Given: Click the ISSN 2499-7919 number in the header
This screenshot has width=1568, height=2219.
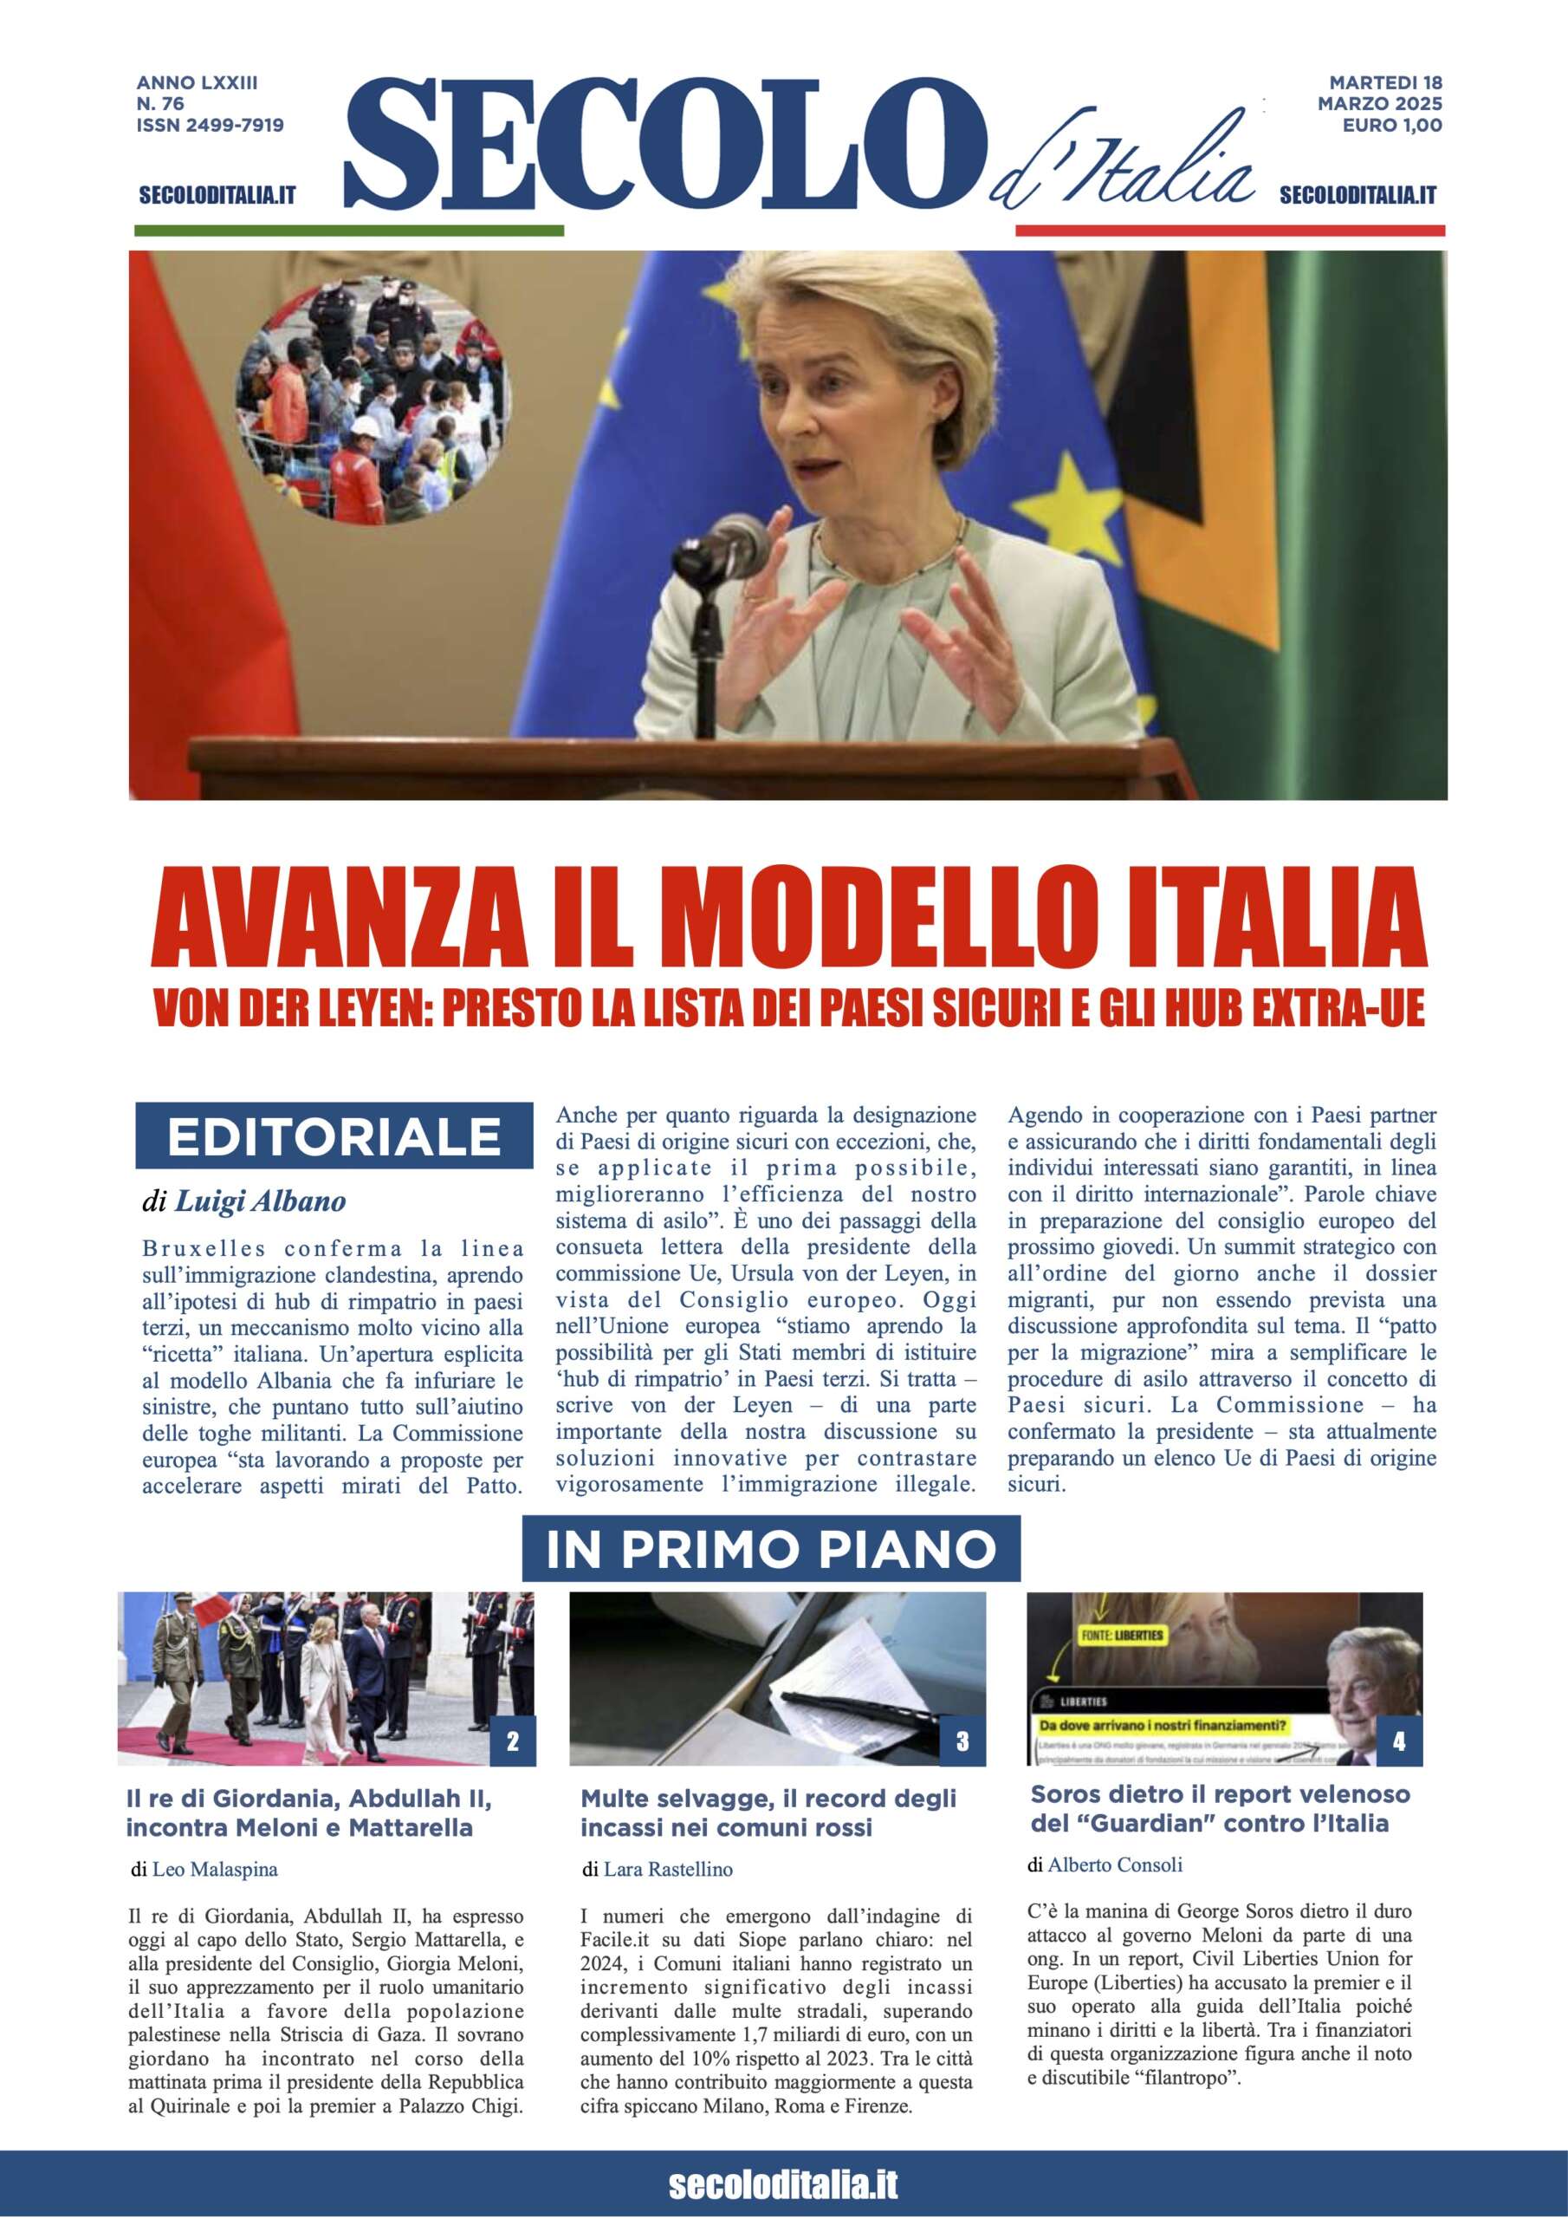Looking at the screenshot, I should (x=210, y=125).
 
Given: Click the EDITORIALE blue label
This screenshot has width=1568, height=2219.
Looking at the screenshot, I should (x=334, y=1136).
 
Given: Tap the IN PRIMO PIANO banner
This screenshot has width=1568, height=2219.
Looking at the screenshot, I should (x=770, y=1549).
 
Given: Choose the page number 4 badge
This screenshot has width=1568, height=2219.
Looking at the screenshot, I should (x=1399, y=1741).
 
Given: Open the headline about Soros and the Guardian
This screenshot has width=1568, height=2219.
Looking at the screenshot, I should (x=1221, y=1809).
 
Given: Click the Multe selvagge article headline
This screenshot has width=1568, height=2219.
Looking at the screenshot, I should (x=768, y=1813).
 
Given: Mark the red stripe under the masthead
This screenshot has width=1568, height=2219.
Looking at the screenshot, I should (x=1229, y=231).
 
